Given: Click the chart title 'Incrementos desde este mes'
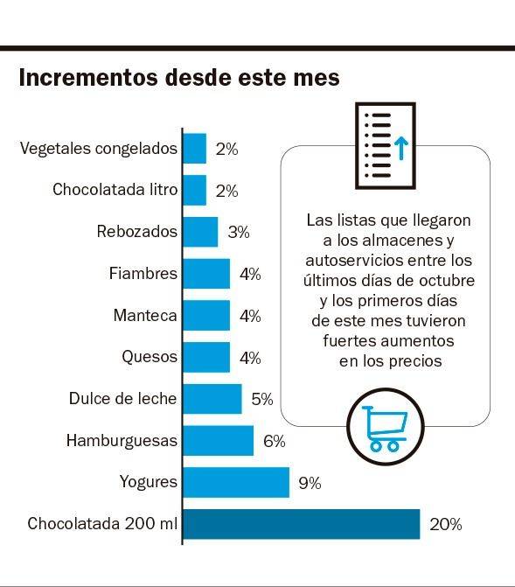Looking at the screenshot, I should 179,78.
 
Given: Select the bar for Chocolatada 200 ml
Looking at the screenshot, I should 301,525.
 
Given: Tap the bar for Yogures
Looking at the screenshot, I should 235,482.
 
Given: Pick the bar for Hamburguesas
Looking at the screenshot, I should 218,441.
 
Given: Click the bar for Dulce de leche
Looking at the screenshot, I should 212,399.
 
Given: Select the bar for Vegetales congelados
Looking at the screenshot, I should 194,149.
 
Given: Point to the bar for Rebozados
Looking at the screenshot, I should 200,232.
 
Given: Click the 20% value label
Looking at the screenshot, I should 445,525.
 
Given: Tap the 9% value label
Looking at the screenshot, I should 310,483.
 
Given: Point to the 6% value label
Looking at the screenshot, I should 274,441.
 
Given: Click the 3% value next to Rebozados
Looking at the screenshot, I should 238,233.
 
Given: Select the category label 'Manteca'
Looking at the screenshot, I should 145,316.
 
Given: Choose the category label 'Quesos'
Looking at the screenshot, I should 150,357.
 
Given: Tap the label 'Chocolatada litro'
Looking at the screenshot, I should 115,190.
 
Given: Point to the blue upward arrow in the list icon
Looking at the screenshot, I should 400,147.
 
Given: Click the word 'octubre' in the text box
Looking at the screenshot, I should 447,280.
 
